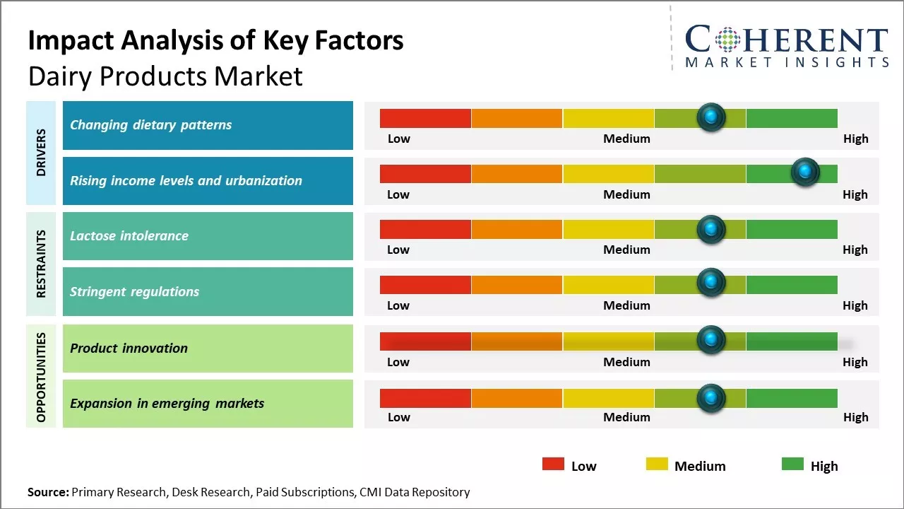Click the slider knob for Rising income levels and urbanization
(805, 172)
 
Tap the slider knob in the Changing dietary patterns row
(711, 117)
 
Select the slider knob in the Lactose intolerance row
(711, 228)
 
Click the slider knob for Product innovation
(711, 339)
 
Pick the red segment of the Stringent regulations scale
(425, 285)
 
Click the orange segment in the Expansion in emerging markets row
(516, 398)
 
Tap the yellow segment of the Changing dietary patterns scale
(608, 118)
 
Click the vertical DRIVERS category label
(41, 153)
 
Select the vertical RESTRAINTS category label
(41, 264)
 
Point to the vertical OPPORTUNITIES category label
(41, 377)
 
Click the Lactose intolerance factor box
(208, 236)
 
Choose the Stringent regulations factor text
(134, 292)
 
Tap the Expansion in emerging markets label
(167, 404)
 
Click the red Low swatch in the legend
(553, 464)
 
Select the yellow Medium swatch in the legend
(657, 464)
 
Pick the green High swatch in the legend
(792, 464)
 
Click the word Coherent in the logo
(786, 40)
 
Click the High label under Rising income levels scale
(855, 194)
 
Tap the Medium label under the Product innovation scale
(626, 362)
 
